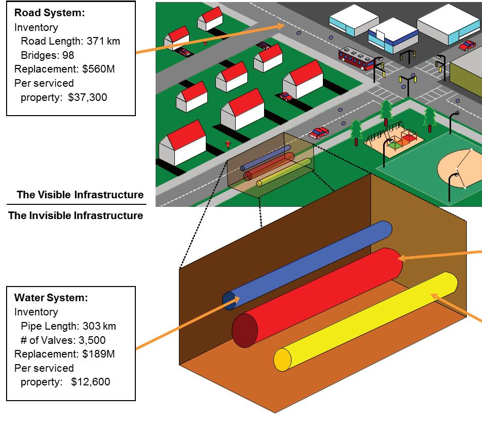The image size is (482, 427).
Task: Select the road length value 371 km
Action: tap(105, 42)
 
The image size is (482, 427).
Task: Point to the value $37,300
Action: tap(88, 97)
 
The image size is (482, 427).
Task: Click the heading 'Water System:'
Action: tap(51, 298)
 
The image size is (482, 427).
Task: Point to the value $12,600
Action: tap(90, 382)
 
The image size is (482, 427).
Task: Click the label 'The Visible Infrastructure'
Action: tap(80, 195)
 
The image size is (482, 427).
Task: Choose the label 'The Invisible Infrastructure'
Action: tap(76, 216)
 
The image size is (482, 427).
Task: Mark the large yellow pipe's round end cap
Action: tap(282, 360)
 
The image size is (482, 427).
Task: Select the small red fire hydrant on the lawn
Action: tap(228, 144)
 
